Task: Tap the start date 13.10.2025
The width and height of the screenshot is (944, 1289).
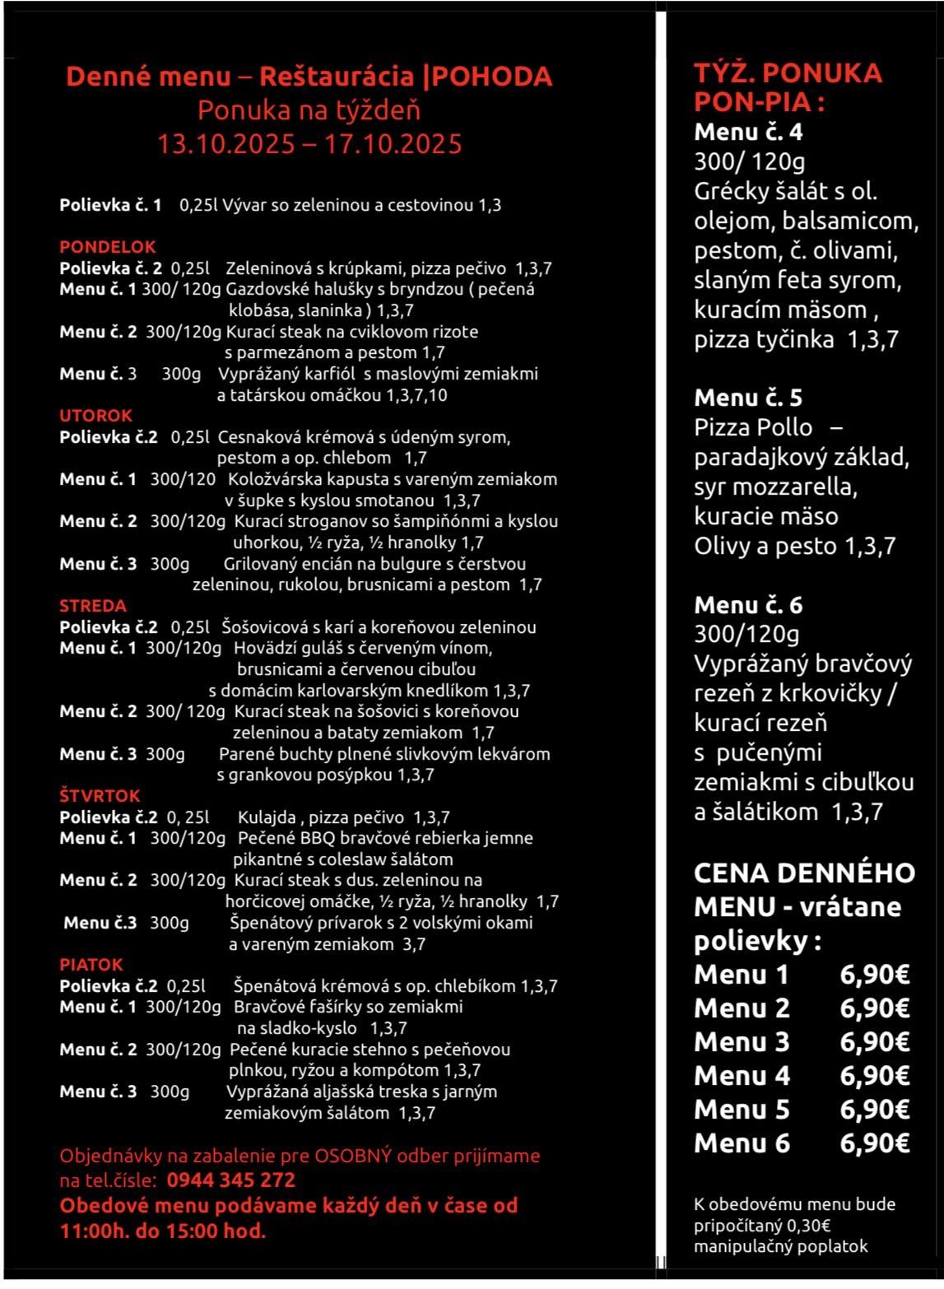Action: click(226, 144)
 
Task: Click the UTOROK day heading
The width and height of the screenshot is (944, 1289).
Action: click(95, 416)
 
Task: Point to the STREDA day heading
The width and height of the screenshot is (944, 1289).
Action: click(92, 606)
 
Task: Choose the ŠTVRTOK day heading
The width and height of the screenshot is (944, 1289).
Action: click(100, 796)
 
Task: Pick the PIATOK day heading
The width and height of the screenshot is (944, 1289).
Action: click(91, 965)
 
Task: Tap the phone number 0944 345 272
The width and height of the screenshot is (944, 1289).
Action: click(230, 1180)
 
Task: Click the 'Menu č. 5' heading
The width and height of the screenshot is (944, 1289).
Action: click(747, 398)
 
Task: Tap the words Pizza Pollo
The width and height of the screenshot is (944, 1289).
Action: click(752, 427)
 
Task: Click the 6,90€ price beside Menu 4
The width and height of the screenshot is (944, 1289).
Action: click(874, 1075)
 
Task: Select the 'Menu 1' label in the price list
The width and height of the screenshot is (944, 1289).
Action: click(741, 975)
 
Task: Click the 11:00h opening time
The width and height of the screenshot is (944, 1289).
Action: click(91, 1231)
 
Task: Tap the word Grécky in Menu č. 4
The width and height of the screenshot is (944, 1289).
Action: click(734, 192)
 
